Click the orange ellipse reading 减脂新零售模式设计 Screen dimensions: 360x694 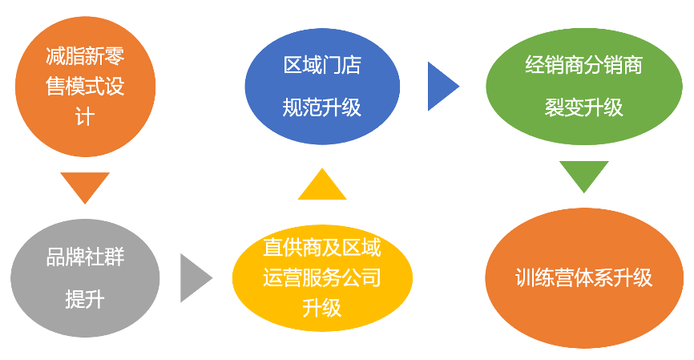85,88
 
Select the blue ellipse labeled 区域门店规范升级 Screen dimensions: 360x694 322,87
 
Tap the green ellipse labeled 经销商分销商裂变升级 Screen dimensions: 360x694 584,86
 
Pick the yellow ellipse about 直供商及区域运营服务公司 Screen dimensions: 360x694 322,277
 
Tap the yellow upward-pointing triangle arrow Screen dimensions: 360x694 322,185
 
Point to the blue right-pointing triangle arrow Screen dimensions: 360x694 441,86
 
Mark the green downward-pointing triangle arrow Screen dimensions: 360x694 584,175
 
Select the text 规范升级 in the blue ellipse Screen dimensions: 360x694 322,107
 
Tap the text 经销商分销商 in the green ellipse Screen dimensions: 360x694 584,65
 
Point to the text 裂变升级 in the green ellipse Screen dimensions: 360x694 584,107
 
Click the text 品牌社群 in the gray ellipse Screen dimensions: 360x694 85,258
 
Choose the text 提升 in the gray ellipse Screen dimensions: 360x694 85,301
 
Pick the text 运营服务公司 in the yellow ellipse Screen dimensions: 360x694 322,278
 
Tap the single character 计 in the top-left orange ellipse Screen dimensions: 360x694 85,118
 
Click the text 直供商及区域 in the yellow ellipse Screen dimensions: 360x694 322,249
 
